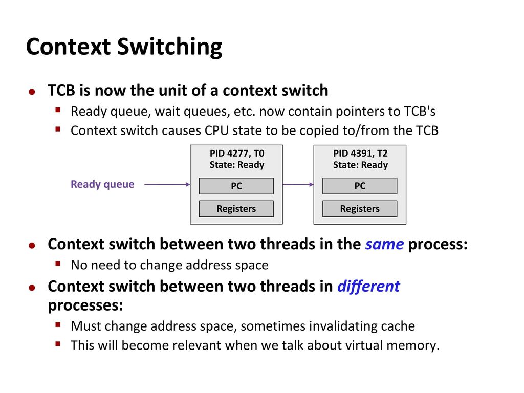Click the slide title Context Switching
tap(124, 47)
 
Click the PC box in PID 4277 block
tap(236, 186)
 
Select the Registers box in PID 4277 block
tap(236, 209)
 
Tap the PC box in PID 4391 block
tap(360, 186)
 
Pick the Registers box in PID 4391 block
tap(360, 209)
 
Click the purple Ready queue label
tap(102, 184)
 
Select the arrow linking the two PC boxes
tap(298, 184)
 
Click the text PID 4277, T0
tap(236, 153)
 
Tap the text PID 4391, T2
tap(360, 153)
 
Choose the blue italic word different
tap(368, 286)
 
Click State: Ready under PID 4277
tap(236, 165)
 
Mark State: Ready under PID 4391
tap(360, 165)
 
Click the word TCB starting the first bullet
tap(61, 91)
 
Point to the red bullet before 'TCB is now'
tap(32, 92)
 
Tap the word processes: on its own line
tap(85, 305)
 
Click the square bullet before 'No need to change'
tap(59, 265)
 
